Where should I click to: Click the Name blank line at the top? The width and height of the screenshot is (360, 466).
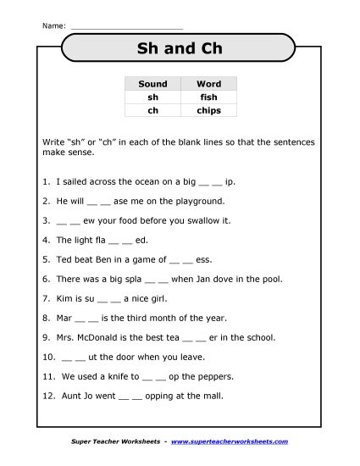pos(127,27)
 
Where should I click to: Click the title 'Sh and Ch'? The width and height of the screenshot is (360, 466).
pos(180,48)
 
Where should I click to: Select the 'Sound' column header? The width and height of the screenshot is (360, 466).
pos(152,85)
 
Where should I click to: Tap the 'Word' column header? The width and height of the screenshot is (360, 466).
pos(208,85)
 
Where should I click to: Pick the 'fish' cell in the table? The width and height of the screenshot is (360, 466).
pos(208,97)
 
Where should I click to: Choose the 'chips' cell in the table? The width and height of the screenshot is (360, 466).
pos(208,110)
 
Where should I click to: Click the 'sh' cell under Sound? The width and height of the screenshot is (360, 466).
pos(152,97)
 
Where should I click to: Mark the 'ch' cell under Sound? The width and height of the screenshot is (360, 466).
pos(152,110)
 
